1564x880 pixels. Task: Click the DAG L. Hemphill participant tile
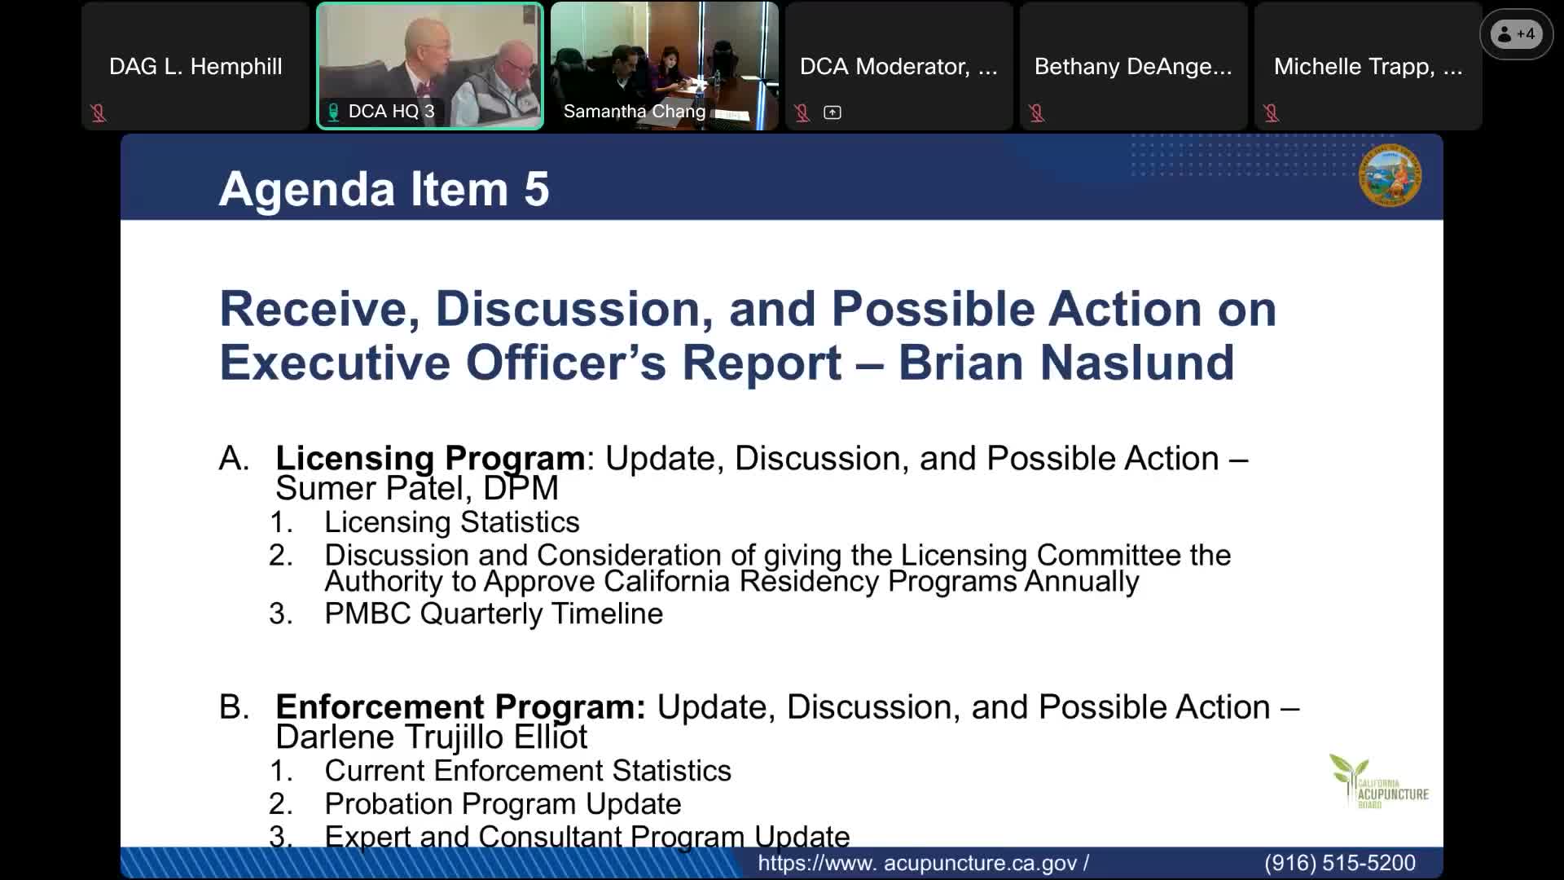pyautogui.click(x=195, y=66)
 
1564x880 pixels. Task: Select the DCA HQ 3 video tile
pyautogui.click(x=430, y=66)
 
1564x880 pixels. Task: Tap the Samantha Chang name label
pyautogui.click(x=635, y=112)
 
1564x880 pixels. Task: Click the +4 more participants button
pyautogui.click(x=1516, y=34)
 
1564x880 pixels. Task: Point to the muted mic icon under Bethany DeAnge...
pyautogui.click(x=1037, y=112)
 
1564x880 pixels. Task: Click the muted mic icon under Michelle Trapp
pyautogui.click(x=1272, y=112)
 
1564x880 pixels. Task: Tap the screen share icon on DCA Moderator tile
pyautogui.click(x=833, y=112)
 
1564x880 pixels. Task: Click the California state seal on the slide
pyautogui.click(x=1390, y=175)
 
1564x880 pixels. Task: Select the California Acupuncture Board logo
pyautogui.click(x=1378, y=781)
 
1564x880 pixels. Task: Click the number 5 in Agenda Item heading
pyautogui.click(x=537, y=189)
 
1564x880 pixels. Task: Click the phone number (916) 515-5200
pyautogui.click(x=1340, y=863)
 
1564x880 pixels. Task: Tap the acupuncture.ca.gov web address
pyautogui.click(x=923, y=863)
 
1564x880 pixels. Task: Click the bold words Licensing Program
pyautogui.click(x=430, y=458)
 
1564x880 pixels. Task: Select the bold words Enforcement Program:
pyautogui.click(x=460, y=706)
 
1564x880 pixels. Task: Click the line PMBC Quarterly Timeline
pyautogui.click(x=494, y=614)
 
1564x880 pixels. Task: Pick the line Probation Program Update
pyautogui.click(x=503, y=804)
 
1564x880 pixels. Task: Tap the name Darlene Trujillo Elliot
pyautogui.click(x=431, y=737)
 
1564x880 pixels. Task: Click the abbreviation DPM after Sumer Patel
pyautogui.click(x=521, y=489)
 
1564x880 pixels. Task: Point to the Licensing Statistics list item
pyautogui.click(x=452, y=522)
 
